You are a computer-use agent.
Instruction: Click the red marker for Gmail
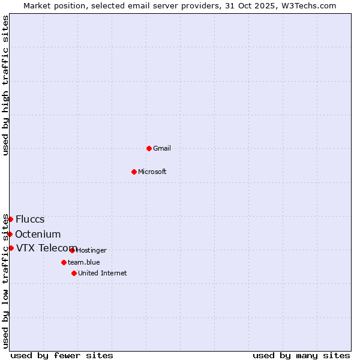coord(149,148)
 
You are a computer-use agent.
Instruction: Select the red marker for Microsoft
coord(134,172)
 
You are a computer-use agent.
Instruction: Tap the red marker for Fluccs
coord(10,219)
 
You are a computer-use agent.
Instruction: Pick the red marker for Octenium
coord(10,234)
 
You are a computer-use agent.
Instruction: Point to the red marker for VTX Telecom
coord(11,248)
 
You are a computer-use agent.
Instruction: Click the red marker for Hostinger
coord(72,250)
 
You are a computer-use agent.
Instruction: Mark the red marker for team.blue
coord(64,262)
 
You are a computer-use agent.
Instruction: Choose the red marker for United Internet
coord(74,273)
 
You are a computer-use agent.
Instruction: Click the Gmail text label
coord(162,148)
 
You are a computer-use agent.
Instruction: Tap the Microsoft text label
coord(152,172)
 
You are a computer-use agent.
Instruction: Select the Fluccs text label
coord(30,219)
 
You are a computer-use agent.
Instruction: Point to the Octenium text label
coord(38,234)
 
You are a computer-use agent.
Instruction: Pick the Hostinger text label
coord(91,250)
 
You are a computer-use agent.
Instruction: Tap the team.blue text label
coord(84,262)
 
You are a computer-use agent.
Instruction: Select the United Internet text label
coord(103,273)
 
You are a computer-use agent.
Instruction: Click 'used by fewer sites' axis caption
coord(62,355)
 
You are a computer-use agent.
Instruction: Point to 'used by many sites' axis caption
coord(301,355)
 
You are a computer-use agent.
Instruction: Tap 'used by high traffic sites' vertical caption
coord(5,86)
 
